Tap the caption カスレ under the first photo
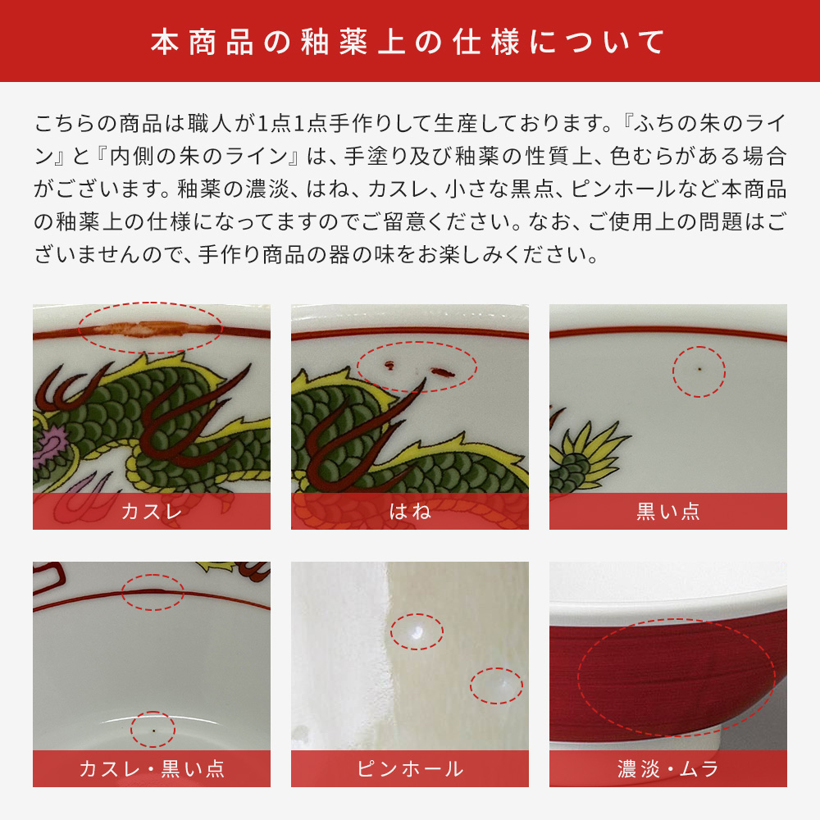151,512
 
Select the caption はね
409,512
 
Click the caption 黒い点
667,512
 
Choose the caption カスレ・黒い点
151,769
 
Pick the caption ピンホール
409,769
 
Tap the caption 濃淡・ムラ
667,769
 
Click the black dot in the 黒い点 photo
699,370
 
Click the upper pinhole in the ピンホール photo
416,631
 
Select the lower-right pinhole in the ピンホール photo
496,683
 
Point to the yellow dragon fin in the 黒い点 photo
590,447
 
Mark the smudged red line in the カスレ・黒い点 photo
153,590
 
